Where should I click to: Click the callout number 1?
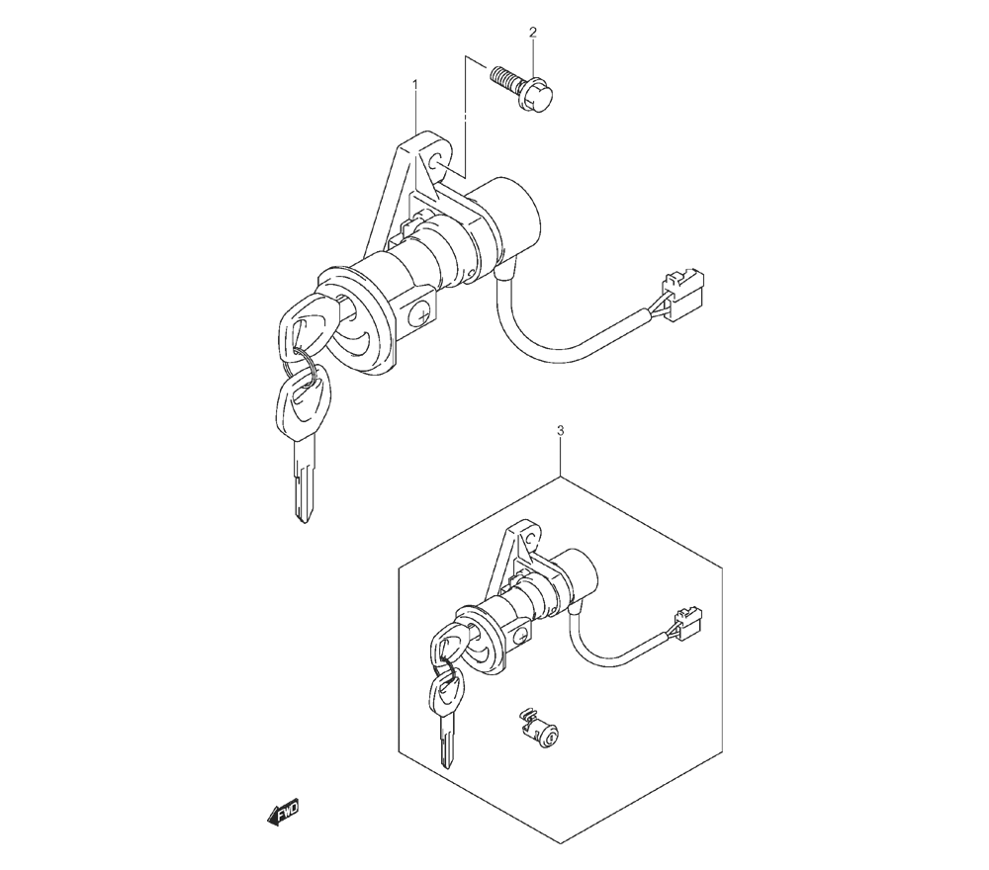coord(415,84)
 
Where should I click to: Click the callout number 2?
coord(533,33)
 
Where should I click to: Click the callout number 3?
coord(561,431)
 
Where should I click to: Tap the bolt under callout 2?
coord(522,89)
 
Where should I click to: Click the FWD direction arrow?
coord(283,812)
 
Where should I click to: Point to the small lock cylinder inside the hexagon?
coord(537,727)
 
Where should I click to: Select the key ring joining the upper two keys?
coord(301,368)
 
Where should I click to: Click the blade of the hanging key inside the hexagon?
coord(448,746)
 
